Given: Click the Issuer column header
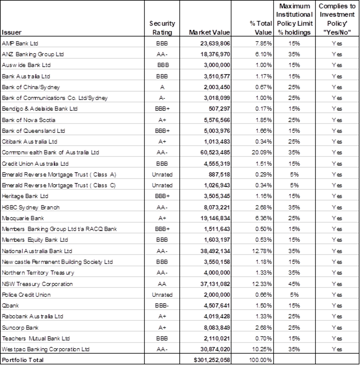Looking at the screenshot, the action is pos(11,32).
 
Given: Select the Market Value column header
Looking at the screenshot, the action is pos(209,32).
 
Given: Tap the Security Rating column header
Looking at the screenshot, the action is pos(162,28).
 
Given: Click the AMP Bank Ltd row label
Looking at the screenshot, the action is pos(20,44).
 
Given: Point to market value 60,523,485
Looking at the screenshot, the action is pos(215,153).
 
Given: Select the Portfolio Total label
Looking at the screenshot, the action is pos(23,360).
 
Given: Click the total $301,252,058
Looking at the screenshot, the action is pos(212,360).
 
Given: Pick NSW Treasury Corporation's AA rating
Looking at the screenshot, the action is pos(162,284).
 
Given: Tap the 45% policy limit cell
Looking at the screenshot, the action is pos(294,284).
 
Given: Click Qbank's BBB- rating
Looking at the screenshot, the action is pos(162,305).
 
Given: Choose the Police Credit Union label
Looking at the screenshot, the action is pos(26,295).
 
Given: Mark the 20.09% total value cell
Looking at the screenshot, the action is pos(261,153).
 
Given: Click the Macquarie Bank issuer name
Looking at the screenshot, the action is pos(23,218).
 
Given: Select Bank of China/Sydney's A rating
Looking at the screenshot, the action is pos(162,87).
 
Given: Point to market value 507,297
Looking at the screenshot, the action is pos(219,109).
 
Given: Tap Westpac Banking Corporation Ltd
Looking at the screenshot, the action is pos(45,349).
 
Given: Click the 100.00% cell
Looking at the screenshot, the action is pos(260,360).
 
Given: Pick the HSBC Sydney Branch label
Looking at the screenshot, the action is pos(30,208).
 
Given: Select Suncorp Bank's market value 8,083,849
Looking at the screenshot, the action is pos(217,327).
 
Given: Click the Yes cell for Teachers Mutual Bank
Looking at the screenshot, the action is pos(337,339).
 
